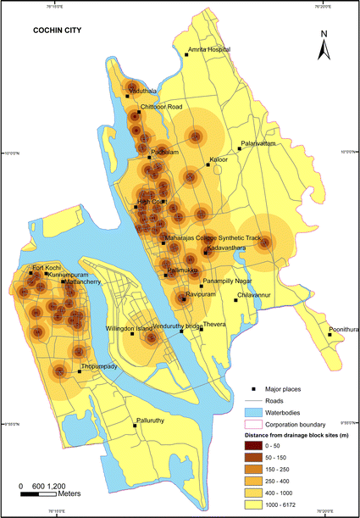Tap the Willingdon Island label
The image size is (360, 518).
coord(129,327)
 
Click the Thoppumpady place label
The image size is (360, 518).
coord(97,366)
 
